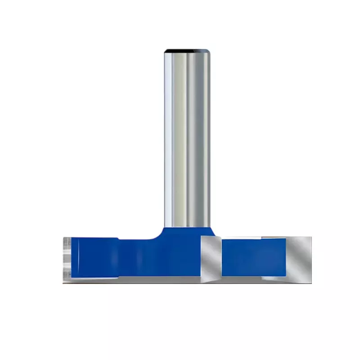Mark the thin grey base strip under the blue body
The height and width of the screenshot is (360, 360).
point(135,279)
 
